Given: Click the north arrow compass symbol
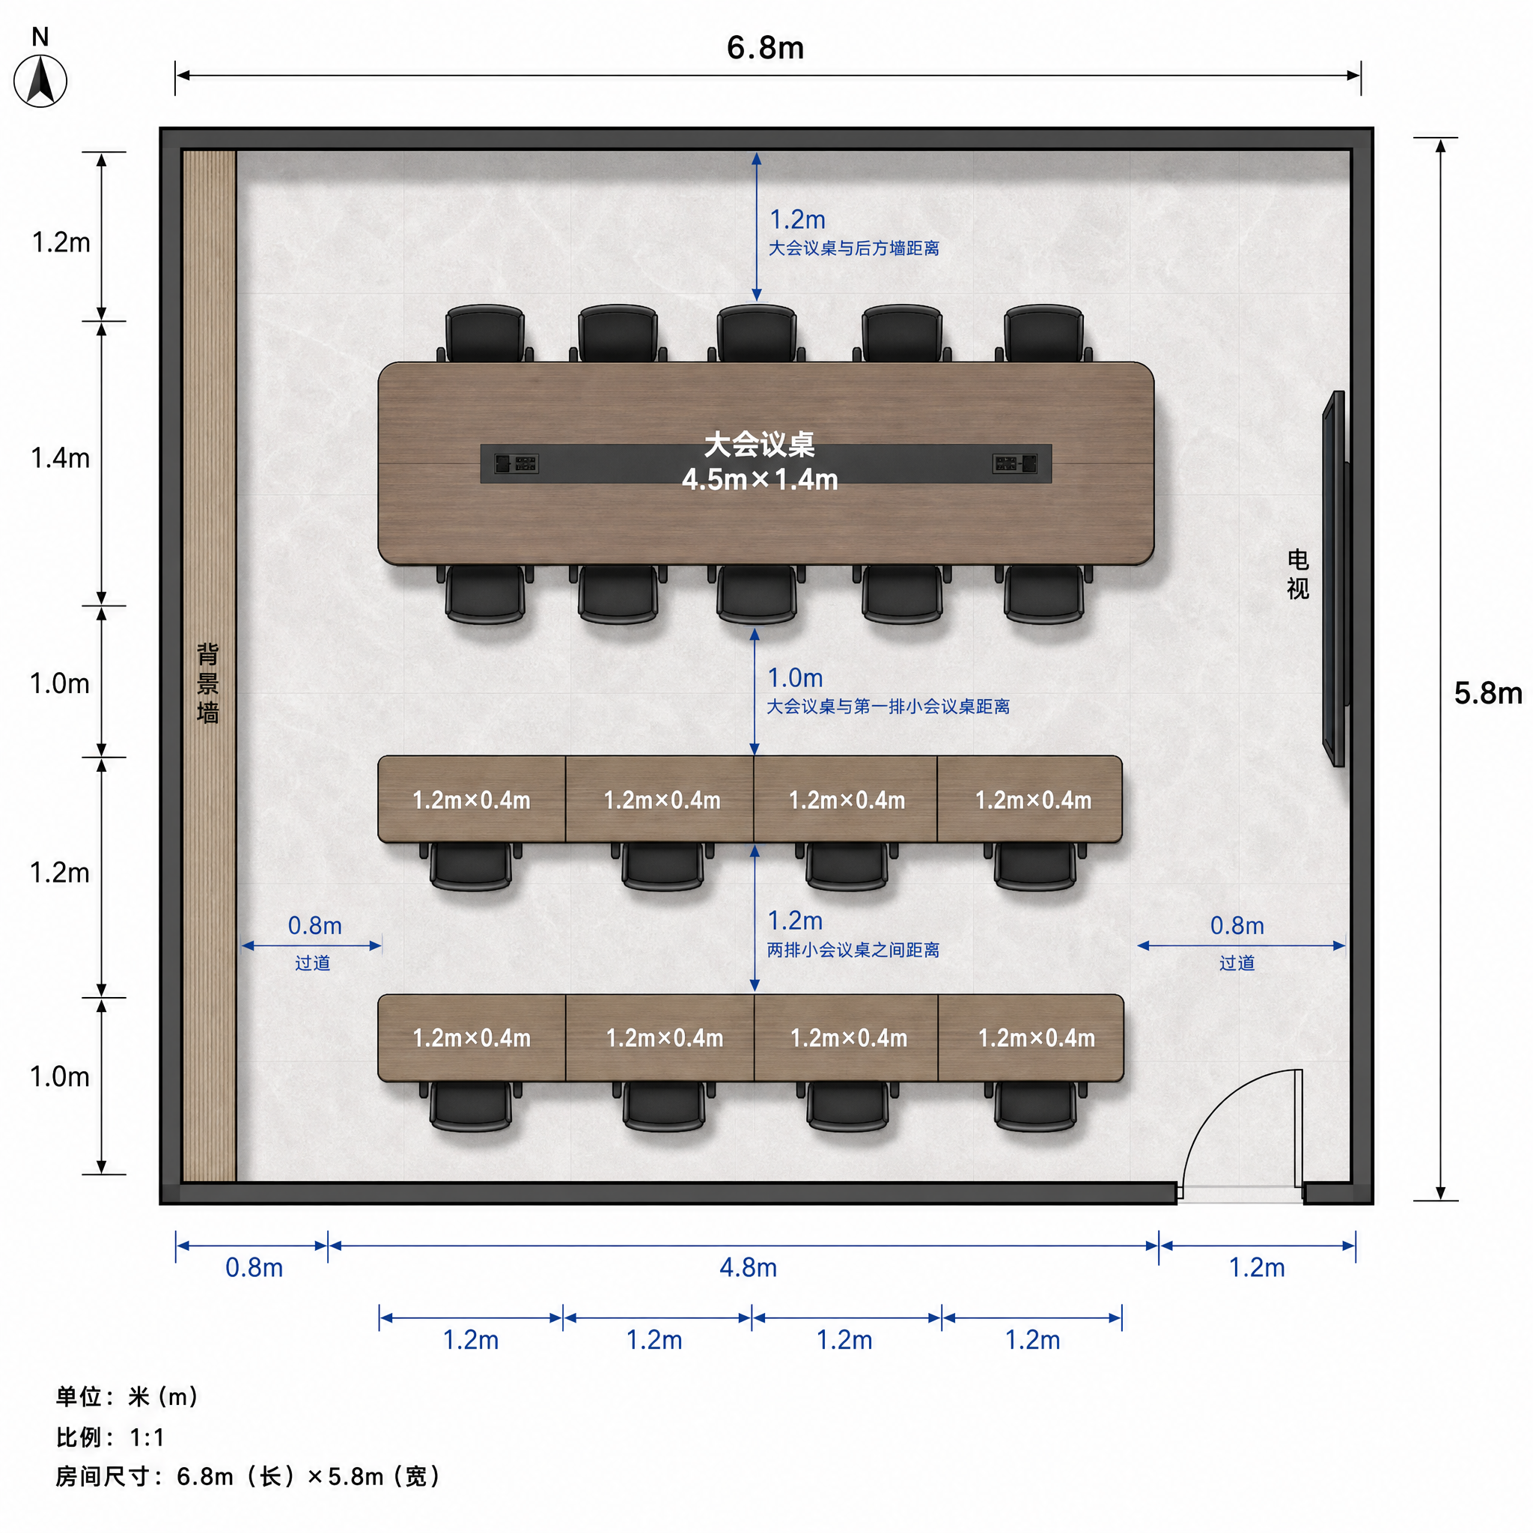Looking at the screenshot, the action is (40, 80).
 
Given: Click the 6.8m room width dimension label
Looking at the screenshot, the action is (765, 48).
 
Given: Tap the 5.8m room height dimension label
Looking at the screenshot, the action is (1488, 692).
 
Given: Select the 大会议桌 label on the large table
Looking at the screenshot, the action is (759, 445).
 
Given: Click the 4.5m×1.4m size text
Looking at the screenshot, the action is (759, 479).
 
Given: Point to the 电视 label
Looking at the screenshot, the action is (1297, 573).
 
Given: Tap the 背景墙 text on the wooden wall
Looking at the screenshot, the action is (208, 683).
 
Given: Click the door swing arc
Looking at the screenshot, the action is (1222, 1111).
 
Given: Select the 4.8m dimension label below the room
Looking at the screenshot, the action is (748, 1267).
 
